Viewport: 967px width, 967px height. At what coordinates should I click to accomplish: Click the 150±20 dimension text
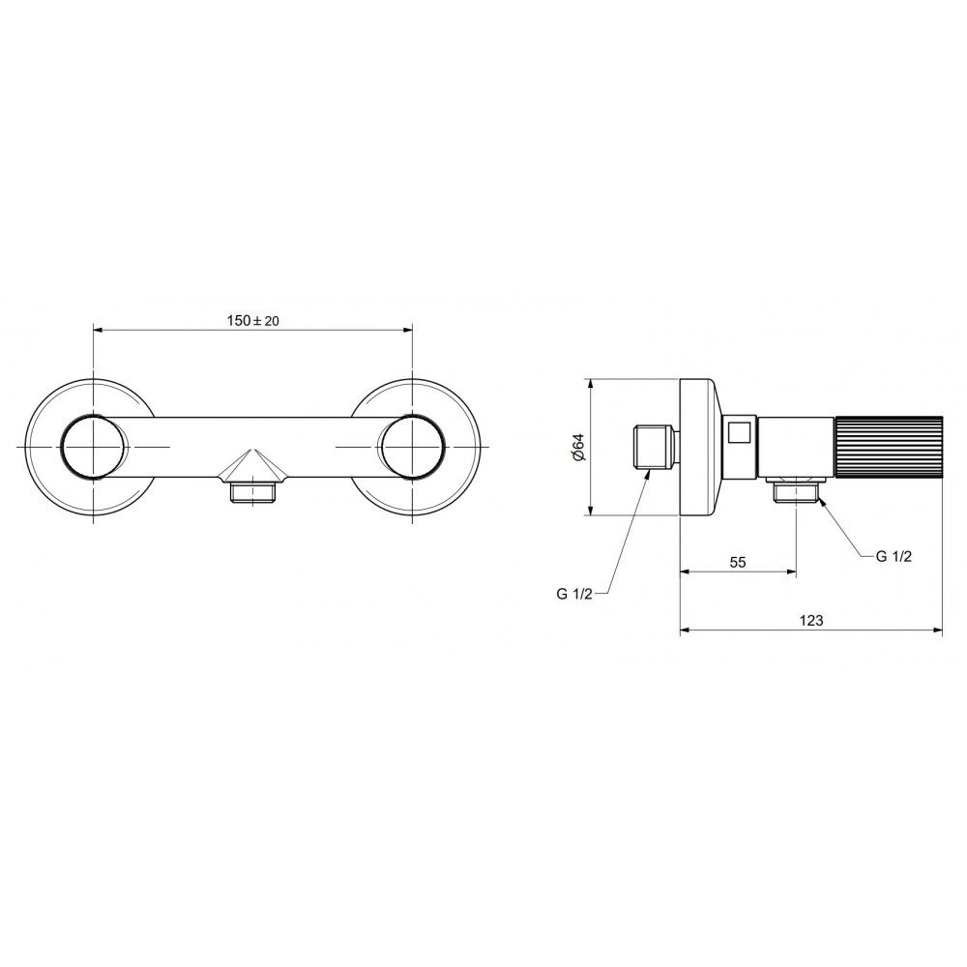(253, 320)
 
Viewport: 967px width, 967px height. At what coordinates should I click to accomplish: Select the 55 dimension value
(738, 562)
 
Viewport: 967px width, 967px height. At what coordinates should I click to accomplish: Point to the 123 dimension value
(811, 620)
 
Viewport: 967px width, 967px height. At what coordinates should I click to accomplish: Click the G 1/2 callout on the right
(894, 556)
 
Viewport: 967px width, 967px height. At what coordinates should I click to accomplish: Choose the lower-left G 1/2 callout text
(574, 594)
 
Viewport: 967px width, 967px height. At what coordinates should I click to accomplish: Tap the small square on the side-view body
(739, 431)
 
